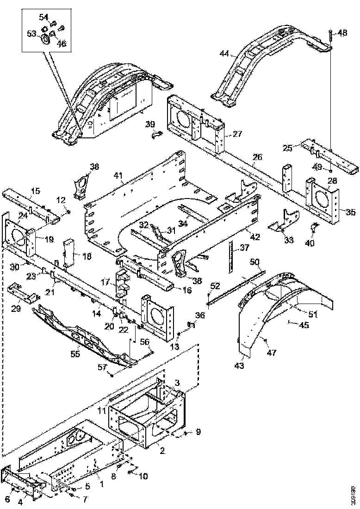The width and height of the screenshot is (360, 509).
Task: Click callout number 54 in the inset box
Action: pyautogui.click(x=43, y=17)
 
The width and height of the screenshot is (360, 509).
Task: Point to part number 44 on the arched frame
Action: pyautogui.click(x=224, y=54)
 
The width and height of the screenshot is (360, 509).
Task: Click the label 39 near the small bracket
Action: pyautogui.click(x=149, y=124)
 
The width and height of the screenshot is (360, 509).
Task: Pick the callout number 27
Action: pyautogui.click(x=237, y=134)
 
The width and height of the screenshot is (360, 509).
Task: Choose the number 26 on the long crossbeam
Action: pyautogui.click(x=257, y=157)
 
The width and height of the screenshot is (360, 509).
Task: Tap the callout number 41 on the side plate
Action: pyautogui.click(x=119, y=175)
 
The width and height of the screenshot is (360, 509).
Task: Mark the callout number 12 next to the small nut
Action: pyautogui.click(x=61, y=200)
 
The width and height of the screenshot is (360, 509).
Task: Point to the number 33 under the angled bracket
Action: pyautogui.click(x=289, y=240)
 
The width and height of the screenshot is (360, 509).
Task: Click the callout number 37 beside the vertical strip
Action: pyautogui.click(x=244, y=248)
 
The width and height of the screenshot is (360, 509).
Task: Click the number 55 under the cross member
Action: pyautogui.click(x=74, y=354)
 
